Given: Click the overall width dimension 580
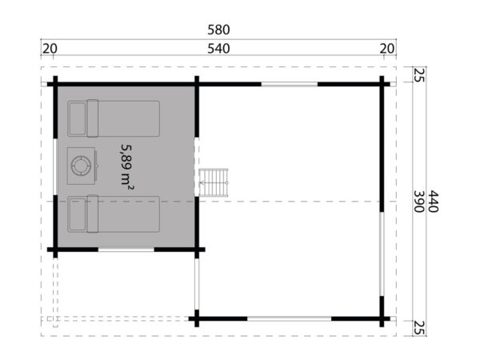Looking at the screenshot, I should click(218, 30).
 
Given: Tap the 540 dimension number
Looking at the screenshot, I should click(218, 49).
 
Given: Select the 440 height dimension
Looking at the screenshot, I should click(436, 199).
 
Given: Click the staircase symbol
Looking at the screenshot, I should click(215, 183).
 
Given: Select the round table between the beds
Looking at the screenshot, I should click(82, 165).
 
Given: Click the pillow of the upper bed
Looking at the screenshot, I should click(78, 119).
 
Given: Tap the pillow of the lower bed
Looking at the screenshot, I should click(78, 213).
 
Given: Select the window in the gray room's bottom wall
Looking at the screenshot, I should click(126, 250).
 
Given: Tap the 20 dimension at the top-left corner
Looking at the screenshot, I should click(50, 49).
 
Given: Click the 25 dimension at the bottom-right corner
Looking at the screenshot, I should click(418, 326).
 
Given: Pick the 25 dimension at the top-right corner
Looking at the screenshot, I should click(418, 76).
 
